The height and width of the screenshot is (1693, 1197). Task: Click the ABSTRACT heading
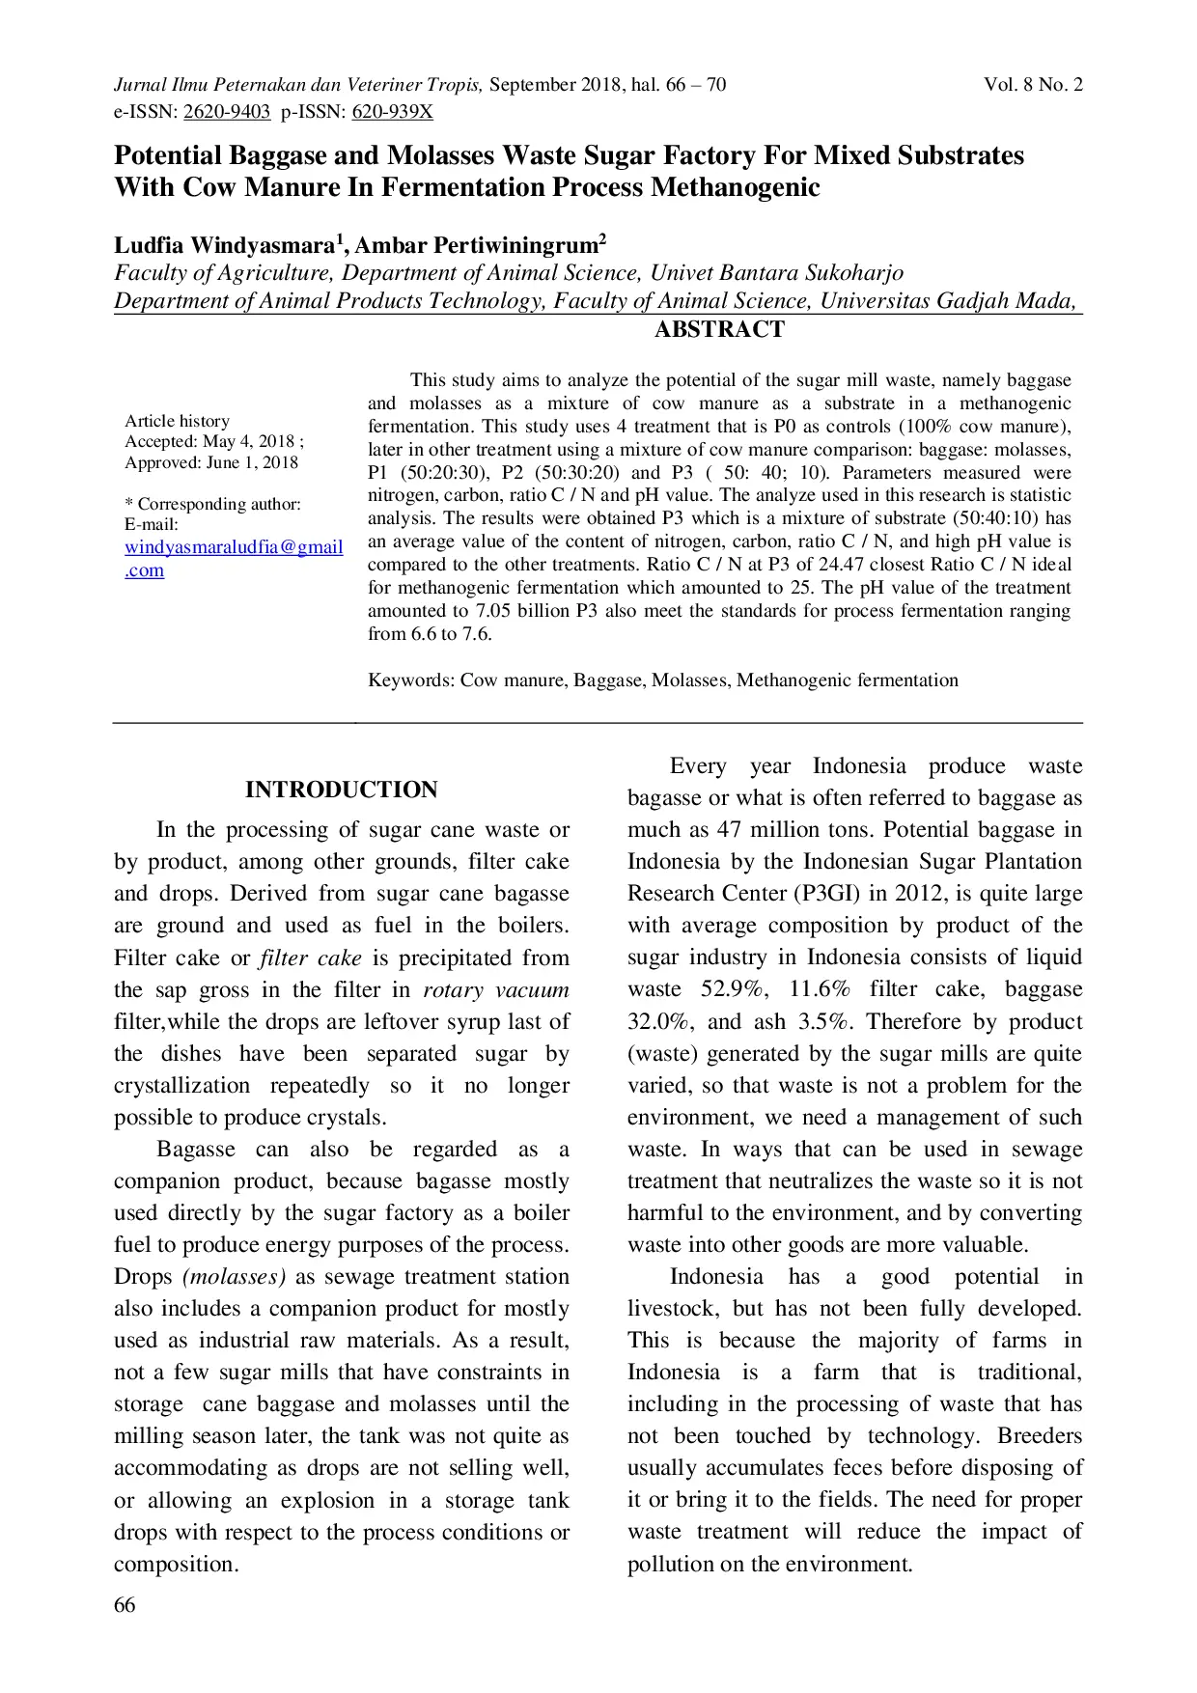719,330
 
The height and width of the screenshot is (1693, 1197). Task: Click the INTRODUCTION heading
341,790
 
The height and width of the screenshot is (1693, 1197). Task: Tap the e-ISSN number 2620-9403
227,112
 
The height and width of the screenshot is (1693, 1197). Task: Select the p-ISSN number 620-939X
392,112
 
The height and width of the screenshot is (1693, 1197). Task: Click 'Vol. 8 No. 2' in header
1033,85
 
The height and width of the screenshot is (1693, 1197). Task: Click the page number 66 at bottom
125,1605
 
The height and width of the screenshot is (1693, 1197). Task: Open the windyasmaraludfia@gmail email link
234,547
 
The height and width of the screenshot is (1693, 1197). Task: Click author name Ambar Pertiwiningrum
477,245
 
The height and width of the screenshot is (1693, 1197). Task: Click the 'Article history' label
177,421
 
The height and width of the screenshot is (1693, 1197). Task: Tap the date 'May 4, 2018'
248,442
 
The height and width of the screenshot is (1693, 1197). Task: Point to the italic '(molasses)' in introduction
235,1277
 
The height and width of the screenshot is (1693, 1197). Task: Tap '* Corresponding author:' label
212,504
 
